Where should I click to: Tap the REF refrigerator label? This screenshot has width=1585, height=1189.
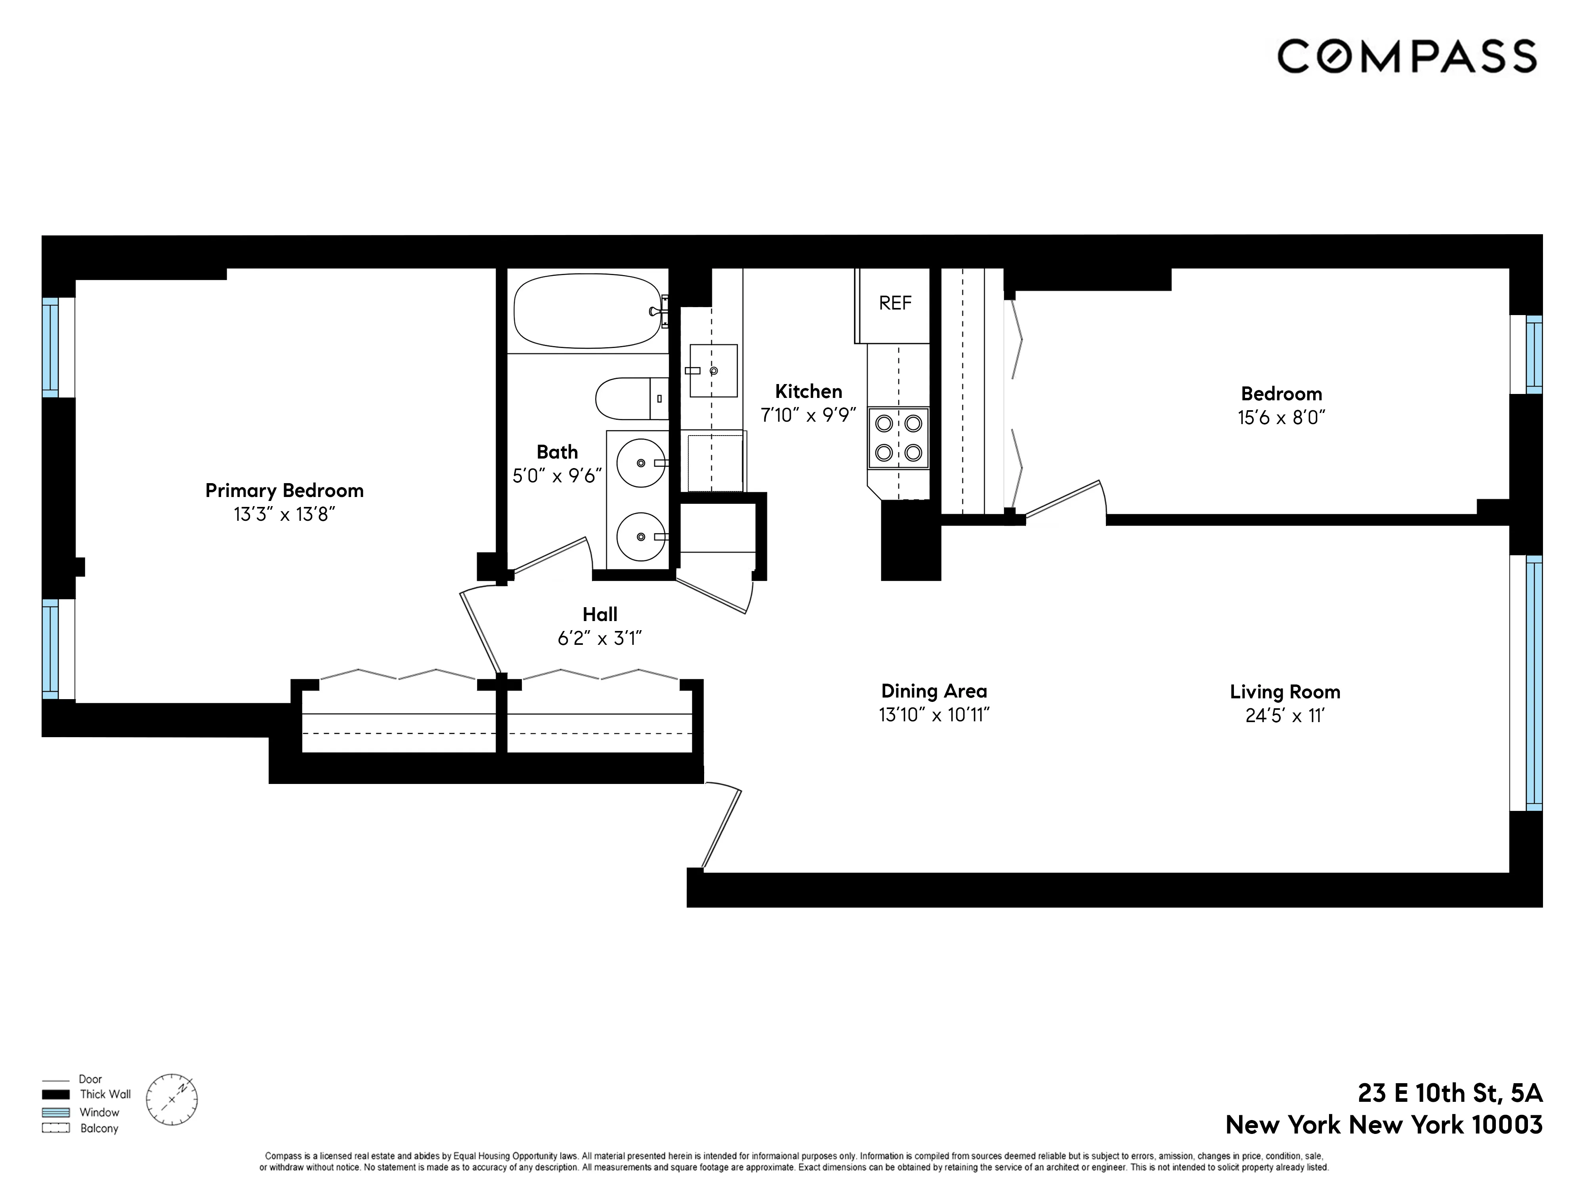[x=895, y=303]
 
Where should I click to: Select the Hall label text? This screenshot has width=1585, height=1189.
[x=600, y=614]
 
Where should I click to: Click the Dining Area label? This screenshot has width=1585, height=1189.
[x=934, y=691]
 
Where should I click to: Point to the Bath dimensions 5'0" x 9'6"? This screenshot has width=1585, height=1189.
[x=557, y=476]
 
